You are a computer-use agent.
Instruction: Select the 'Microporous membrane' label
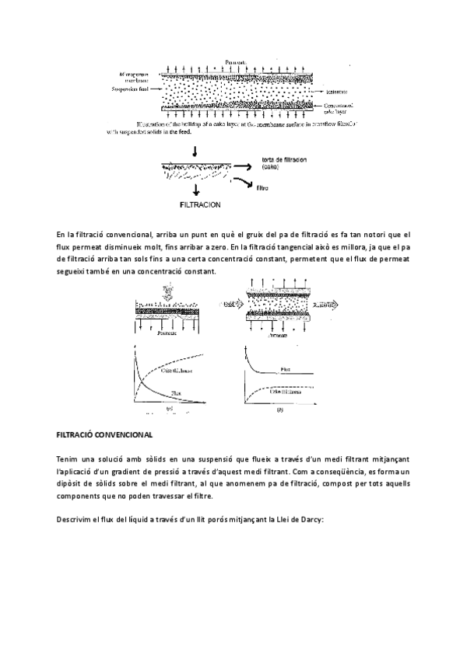[133, 76]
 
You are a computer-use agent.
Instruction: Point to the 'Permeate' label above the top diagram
[234, 61]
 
